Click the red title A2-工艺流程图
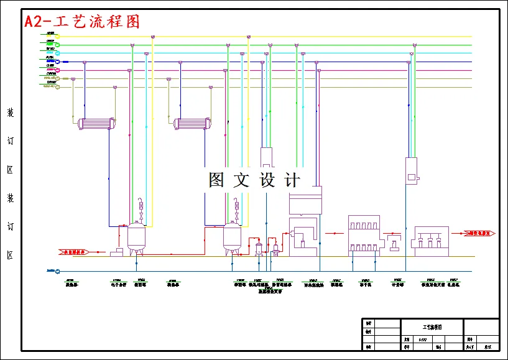(x=81, y=21)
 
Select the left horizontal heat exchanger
(x=97, y=124)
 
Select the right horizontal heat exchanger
(x=193, y=124)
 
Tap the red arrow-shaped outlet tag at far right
(x=478, y=233)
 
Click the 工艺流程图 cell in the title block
(x=432, y=326)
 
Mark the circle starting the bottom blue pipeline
(x=58, y=271)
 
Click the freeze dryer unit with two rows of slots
(x=364, y=235)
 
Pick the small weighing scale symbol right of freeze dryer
(x=394, y=242)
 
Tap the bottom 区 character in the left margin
(x=10, y=255)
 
